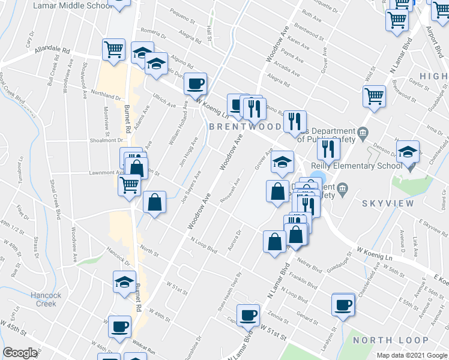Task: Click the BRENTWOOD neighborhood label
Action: coord(245,127)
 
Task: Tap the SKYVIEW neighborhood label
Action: coord(388,203)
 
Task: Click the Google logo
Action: coord(20,353)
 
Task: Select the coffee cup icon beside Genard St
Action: coord(343,304)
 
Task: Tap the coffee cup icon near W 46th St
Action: coord(119,326)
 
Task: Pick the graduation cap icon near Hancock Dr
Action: coord(124,281)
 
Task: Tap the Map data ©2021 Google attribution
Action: coord(411,355)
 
